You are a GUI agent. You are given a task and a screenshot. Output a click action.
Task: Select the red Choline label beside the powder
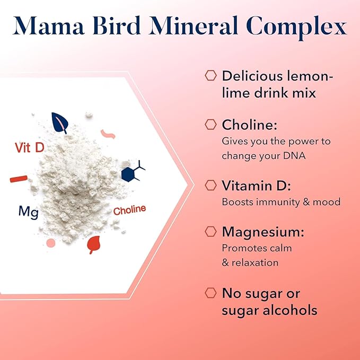pos(129,209)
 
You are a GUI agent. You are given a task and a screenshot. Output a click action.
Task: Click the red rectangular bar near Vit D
pos(18,179)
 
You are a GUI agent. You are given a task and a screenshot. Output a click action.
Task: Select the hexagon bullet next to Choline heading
pos(210,125)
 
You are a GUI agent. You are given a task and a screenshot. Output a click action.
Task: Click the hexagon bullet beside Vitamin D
pos(210,185)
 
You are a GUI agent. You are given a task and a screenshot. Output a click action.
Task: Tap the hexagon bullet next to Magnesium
pos(210,231)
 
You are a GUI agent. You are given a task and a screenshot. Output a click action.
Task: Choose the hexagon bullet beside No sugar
pos(210,293)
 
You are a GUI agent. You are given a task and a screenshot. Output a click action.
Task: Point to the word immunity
pos(274,202)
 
